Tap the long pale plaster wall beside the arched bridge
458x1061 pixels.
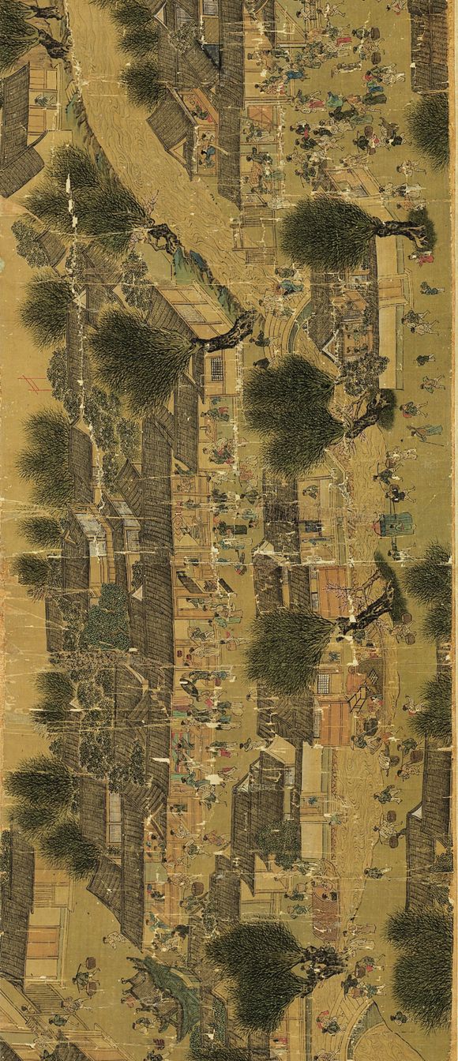[x=387, y=316]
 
